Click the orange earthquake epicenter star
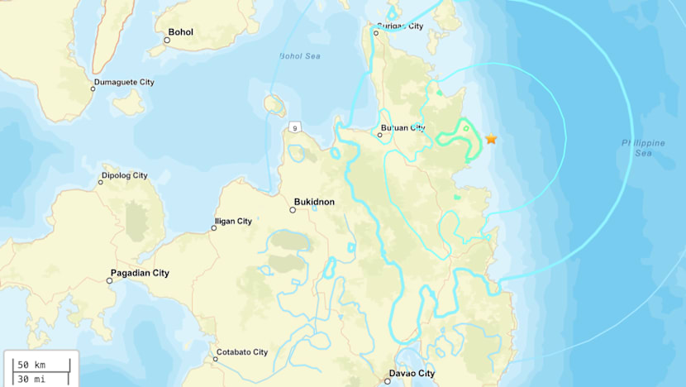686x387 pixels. coord(491,139)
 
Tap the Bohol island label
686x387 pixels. coord(180,32)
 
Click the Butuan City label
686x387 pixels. coord(403,128)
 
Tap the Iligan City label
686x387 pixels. coord(233,222)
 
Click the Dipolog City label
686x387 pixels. coord(124,175)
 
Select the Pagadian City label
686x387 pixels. coord(140,273)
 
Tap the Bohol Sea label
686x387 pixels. coord(299,56)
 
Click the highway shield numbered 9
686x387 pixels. coord(294,127)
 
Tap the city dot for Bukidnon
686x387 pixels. coord(293,210)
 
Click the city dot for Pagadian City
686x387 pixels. coord(109,281)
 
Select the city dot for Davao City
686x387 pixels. coord(388,381)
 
